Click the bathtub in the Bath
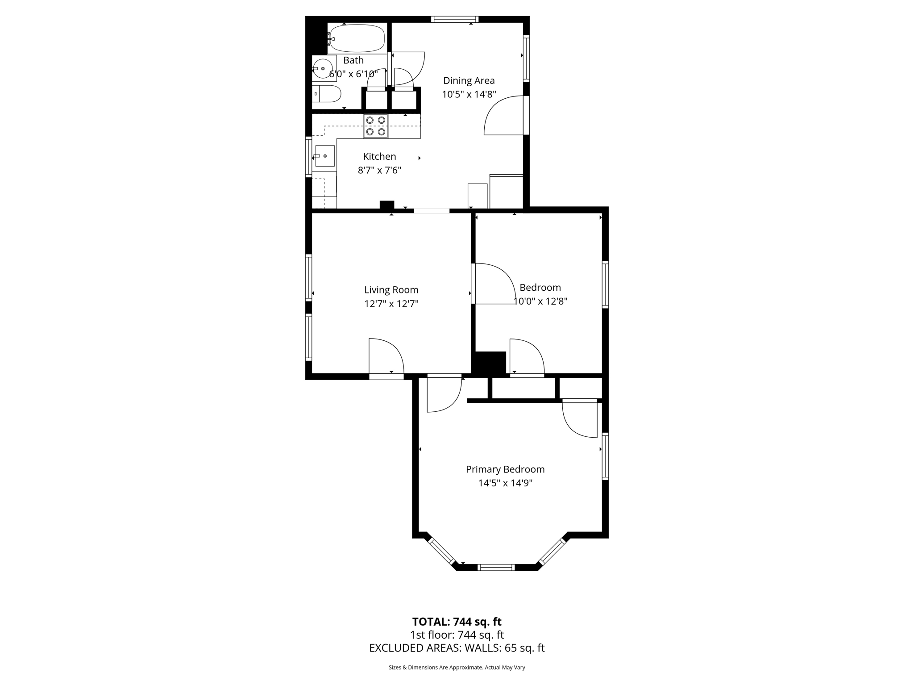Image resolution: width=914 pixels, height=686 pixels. pos(357,38)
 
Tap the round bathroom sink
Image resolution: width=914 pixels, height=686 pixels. pos(323,69)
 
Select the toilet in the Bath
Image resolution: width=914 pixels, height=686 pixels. pos(328,94)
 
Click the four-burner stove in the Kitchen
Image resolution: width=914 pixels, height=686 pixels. pos(375,126)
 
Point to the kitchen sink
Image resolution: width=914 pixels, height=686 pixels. pos(325,156)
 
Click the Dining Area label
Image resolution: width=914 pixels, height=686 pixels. pos(469,81)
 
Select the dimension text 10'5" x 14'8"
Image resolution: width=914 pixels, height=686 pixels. pos(469,94)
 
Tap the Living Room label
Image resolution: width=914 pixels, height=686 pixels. pos(391,290)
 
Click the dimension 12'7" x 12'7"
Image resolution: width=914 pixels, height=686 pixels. pos(391,304)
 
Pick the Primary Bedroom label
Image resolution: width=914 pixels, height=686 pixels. pos(505,469)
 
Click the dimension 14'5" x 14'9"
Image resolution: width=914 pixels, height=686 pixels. pos(505,483)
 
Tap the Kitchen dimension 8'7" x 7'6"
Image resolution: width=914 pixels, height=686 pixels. pos(379,170)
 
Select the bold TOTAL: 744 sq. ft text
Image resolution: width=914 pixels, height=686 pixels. pos(457,622)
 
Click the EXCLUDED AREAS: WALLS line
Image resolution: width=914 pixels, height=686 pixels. pos(457,648)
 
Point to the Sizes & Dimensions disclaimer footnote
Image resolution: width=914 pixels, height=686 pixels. pos(457,667)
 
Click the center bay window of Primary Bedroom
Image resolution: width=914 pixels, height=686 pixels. pos(496,568)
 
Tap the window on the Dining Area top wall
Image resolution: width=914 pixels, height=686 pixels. pos(455,19)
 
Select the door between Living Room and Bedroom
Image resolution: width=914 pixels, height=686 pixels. pos(493,284)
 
